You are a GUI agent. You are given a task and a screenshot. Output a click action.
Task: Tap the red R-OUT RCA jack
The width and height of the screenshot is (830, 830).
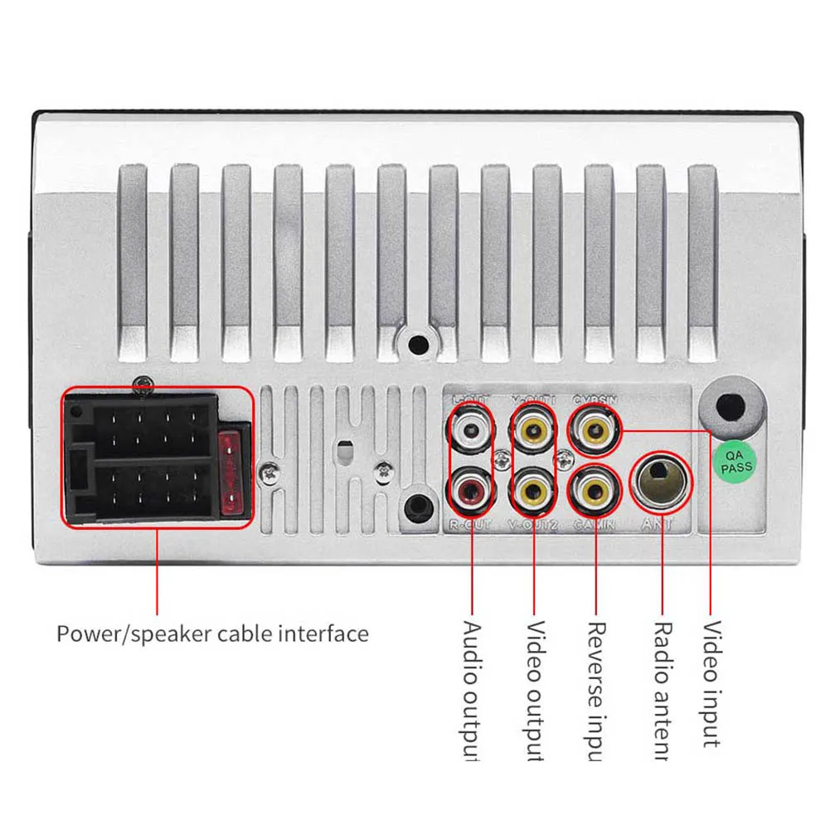pyautogui.click(x=471, y=492)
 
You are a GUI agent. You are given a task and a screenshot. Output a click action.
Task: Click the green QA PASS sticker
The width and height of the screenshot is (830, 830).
pyautogui.click(x=734, y=462)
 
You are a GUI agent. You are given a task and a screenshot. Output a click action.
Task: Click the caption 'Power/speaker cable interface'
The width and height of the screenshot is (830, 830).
pyautogui.click(x=212, y=634)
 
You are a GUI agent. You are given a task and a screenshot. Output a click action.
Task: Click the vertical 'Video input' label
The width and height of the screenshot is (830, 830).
pyautogui.click(x=711, y=683)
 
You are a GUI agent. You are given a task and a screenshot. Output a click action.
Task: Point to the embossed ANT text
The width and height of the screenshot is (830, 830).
pyautogui.click(x=657, y=524)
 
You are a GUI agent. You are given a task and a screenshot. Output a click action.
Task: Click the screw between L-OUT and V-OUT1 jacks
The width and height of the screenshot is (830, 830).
pyautogui.click(x=502, y=459)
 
